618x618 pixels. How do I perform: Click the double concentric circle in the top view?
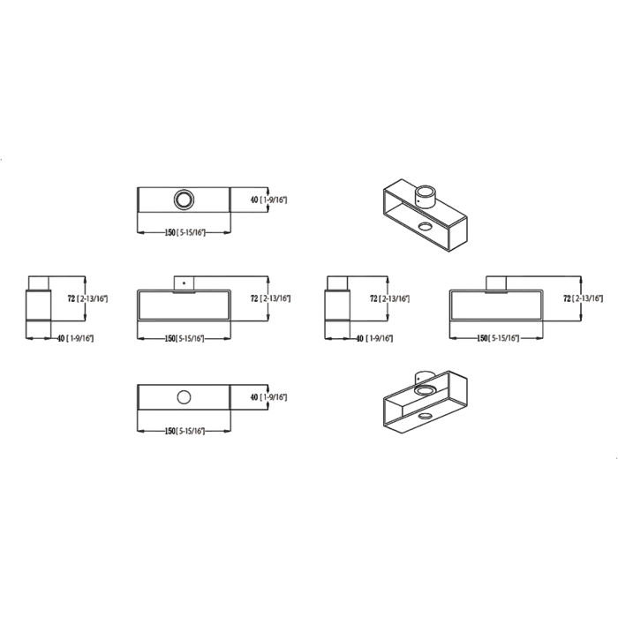click(x=184, y=192)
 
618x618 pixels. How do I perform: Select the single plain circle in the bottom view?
click(x=184, y=397)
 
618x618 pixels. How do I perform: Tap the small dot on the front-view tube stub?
click(x=184, y=283)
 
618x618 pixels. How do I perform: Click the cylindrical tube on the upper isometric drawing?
click(x=426, y=196)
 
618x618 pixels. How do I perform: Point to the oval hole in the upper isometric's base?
click(x=425, y=226)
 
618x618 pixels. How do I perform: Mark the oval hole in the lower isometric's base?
click(x=425, y=416)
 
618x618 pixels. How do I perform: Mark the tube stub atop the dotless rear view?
click(x=496, y=284)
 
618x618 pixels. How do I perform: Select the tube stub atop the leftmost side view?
click(x=39, y=283)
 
